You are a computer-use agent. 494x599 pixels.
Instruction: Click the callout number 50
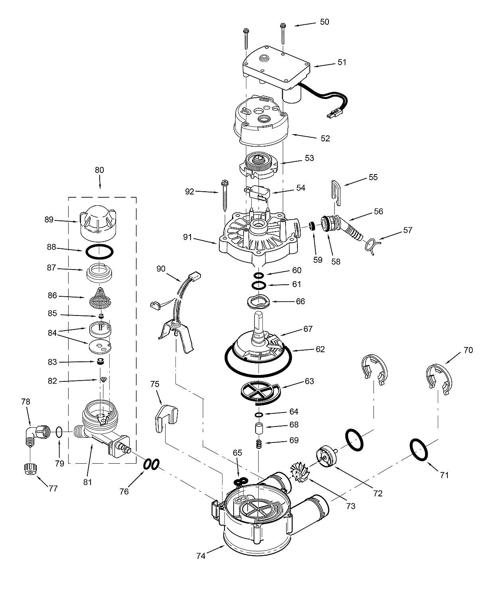tap(325, 22)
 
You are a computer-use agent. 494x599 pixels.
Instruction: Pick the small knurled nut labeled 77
tap(29, 468)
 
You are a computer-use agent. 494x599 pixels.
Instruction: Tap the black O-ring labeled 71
tap(418, 449)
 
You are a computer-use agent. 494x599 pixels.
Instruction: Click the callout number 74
tap(201, 555)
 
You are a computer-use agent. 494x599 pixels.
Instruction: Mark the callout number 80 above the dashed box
tap(99, 170)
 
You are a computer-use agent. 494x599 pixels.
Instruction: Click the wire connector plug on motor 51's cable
tap(333, 115)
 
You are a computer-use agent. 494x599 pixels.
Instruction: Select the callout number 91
tap(188, 238)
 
